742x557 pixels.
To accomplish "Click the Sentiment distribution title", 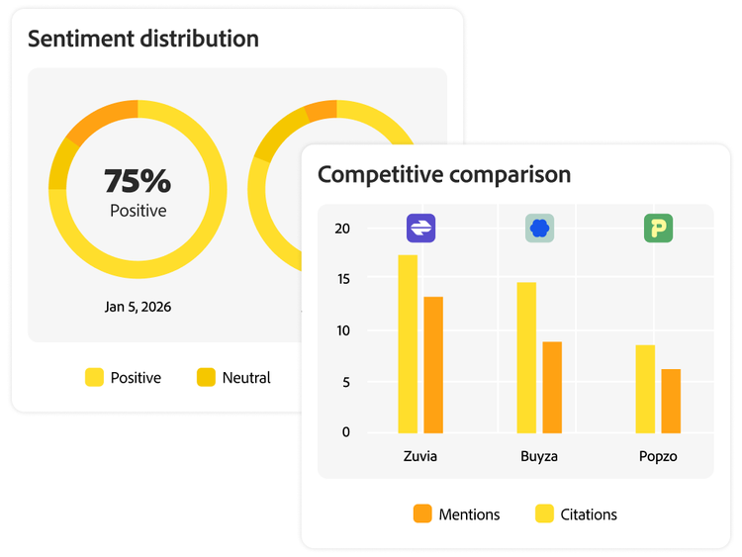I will [143, 40].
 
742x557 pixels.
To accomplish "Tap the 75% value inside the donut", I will [138, 181].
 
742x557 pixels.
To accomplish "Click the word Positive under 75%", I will [138, 211].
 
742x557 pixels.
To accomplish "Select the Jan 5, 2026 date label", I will [138, 307].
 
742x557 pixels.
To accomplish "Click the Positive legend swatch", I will [95, 377].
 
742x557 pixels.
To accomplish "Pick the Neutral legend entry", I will [234, 377].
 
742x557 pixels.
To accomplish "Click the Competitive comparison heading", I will [444, 175].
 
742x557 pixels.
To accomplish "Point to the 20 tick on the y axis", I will [342, 229].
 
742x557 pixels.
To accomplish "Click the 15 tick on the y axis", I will [342, 279].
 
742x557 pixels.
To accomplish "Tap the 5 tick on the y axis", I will [345, 382].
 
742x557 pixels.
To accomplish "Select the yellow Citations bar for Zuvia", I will [408, 343].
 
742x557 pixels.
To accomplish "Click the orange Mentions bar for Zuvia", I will [433, 364].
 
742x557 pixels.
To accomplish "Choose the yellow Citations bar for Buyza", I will [526, 357].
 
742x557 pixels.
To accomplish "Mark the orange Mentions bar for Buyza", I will [552, 387].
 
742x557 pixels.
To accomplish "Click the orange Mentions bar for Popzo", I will [671, 401].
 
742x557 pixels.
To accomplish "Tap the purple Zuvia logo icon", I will [420, 229].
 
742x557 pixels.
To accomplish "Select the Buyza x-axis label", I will [539, 457].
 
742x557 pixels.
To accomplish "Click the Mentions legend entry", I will [456, 514].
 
